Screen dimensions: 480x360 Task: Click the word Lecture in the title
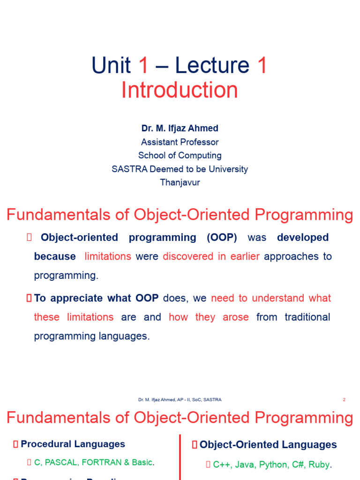click(212, 65)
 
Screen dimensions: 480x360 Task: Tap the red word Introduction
click(180, 90)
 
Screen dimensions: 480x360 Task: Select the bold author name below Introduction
click(180, 128)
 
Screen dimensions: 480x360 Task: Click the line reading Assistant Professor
click(180, 142)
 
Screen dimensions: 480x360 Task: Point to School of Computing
click(180, 155)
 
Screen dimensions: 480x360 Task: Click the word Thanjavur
click(180, 182)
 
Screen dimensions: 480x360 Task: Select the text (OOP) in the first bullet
click(222, 238)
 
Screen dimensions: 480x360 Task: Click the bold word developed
click(303, 238)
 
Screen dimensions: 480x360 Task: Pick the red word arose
click(235, 317)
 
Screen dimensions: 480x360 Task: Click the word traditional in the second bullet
click(307, 317)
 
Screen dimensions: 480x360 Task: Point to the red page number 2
click(344, 400)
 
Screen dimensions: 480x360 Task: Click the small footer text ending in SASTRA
click(180, 400)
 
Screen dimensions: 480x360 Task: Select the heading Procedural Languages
click(73, 444)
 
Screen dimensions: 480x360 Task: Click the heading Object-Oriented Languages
click(268, 444)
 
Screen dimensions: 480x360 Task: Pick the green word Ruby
click(319, 465)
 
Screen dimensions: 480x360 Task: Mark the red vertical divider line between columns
click(180, 457)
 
